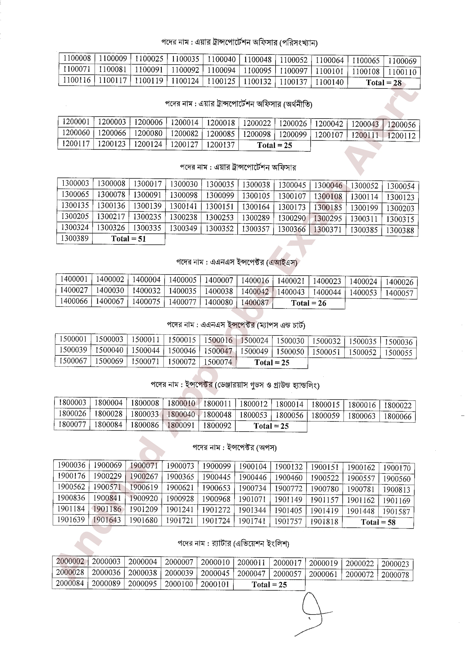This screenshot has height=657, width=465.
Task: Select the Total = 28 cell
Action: coord(384,83)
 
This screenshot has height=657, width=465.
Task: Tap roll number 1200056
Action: coord(401,125)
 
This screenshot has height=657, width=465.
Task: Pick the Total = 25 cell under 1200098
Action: coord(274,145)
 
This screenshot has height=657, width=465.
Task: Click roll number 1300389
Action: coord(75,238)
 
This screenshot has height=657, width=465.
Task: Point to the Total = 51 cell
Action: coord(129,239)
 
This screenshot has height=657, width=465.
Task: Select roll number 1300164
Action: coord(256,207)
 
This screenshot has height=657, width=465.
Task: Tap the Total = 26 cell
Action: coord(309,303)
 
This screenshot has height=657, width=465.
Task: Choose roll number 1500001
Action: coord(73,339)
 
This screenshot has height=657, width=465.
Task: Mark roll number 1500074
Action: coord(218,362)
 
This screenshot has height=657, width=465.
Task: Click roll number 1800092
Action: coord(217,426)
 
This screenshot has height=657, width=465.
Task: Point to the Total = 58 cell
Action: coord(378,522)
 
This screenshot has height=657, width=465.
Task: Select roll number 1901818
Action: coord(324,522)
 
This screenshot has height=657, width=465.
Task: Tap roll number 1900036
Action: coord(71,465)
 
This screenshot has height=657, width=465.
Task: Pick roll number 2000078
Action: coord(395,575)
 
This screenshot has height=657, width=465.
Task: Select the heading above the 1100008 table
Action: coord(239,43)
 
